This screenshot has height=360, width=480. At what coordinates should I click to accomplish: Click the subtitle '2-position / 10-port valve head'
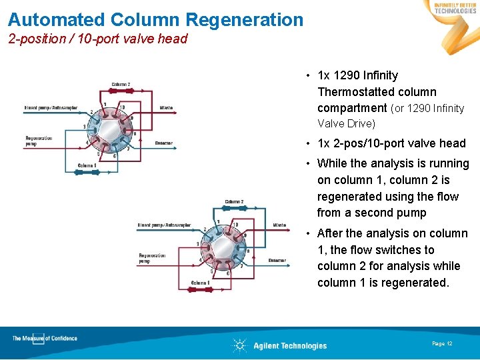click(x=98, y=39)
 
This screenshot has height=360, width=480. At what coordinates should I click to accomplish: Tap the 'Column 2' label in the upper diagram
click(x=121, y=85)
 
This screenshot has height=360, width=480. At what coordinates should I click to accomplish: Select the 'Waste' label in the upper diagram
click(x=166, y=107)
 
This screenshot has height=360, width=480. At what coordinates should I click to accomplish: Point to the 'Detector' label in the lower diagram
click(x=277, y=260)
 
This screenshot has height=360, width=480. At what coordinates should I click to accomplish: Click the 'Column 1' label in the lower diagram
click(x=200, y=283)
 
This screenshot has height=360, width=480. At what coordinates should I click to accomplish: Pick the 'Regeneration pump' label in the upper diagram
click(x=37, y=141)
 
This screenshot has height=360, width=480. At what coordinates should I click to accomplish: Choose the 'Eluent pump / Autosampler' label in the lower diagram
click(x=164, y=225)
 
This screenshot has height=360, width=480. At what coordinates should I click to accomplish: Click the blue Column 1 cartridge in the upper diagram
click(x=87, y=172)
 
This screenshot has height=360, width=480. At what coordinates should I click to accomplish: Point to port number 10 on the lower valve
click(x=235, y=224)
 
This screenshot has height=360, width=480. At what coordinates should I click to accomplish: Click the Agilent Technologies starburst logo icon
click(x=239, y=345)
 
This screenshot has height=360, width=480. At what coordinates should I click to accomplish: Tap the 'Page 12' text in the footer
click(x=442, y=343)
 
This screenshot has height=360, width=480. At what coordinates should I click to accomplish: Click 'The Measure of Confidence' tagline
click(x=44, y=339)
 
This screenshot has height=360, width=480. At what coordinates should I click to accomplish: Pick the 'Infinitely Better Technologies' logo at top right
click(x=455, y=8)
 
